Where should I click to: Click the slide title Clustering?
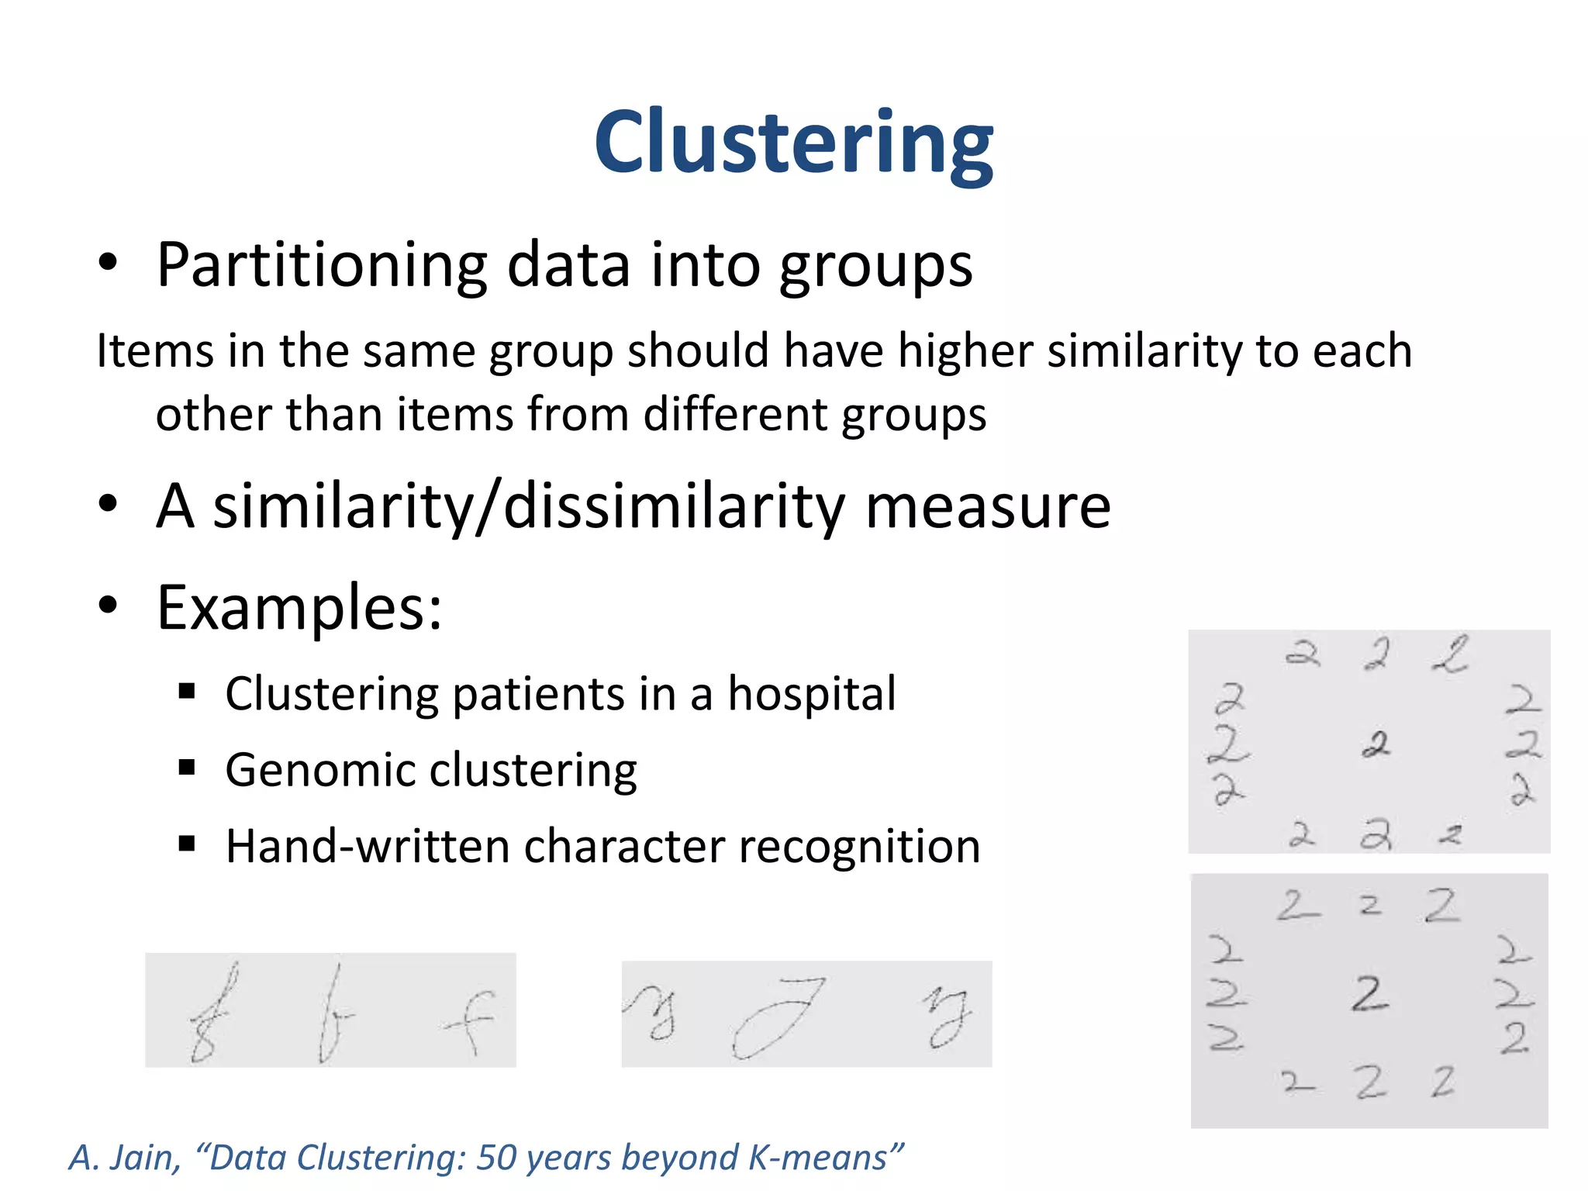pyautogui.click(x=793, y=143)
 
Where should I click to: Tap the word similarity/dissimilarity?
pyautogui.click(x=528, y=506)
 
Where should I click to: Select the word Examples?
pyautogui.click(x=299, y=608)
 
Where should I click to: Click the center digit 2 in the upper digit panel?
pyautogui.click(x=1376, y=745)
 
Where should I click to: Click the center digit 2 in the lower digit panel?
pyautogui.click(x=1369, y=994)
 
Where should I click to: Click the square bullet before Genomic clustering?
pyautogui.click(x=187, y=768)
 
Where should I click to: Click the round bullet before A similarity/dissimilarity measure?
pyautogui.click(x=108, y=504)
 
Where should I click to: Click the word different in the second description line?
pyautogui.click(x=735, y=414)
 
